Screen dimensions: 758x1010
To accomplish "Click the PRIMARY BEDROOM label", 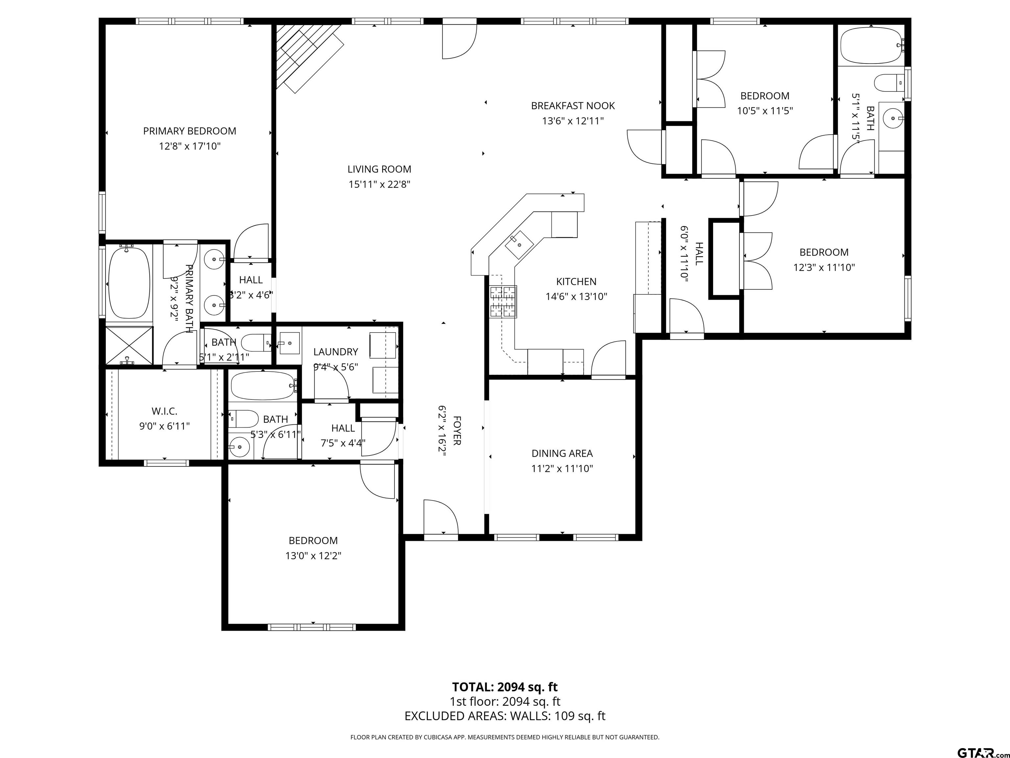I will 189,131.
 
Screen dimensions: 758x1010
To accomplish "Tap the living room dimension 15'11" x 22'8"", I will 379,185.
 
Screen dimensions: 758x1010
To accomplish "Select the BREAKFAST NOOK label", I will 573,106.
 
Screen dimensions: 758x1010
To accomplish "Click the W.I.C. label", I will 164,411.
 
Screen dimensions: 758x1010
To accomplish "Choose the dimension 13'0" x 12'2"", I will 313,556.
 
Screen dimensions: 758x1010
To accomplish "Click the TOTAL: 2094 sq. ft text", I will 505,687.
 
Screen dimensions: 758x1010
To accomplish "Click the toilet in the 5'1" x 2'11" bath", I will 256,343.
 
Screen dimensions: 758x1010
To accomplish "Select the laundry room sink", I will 289,343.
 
